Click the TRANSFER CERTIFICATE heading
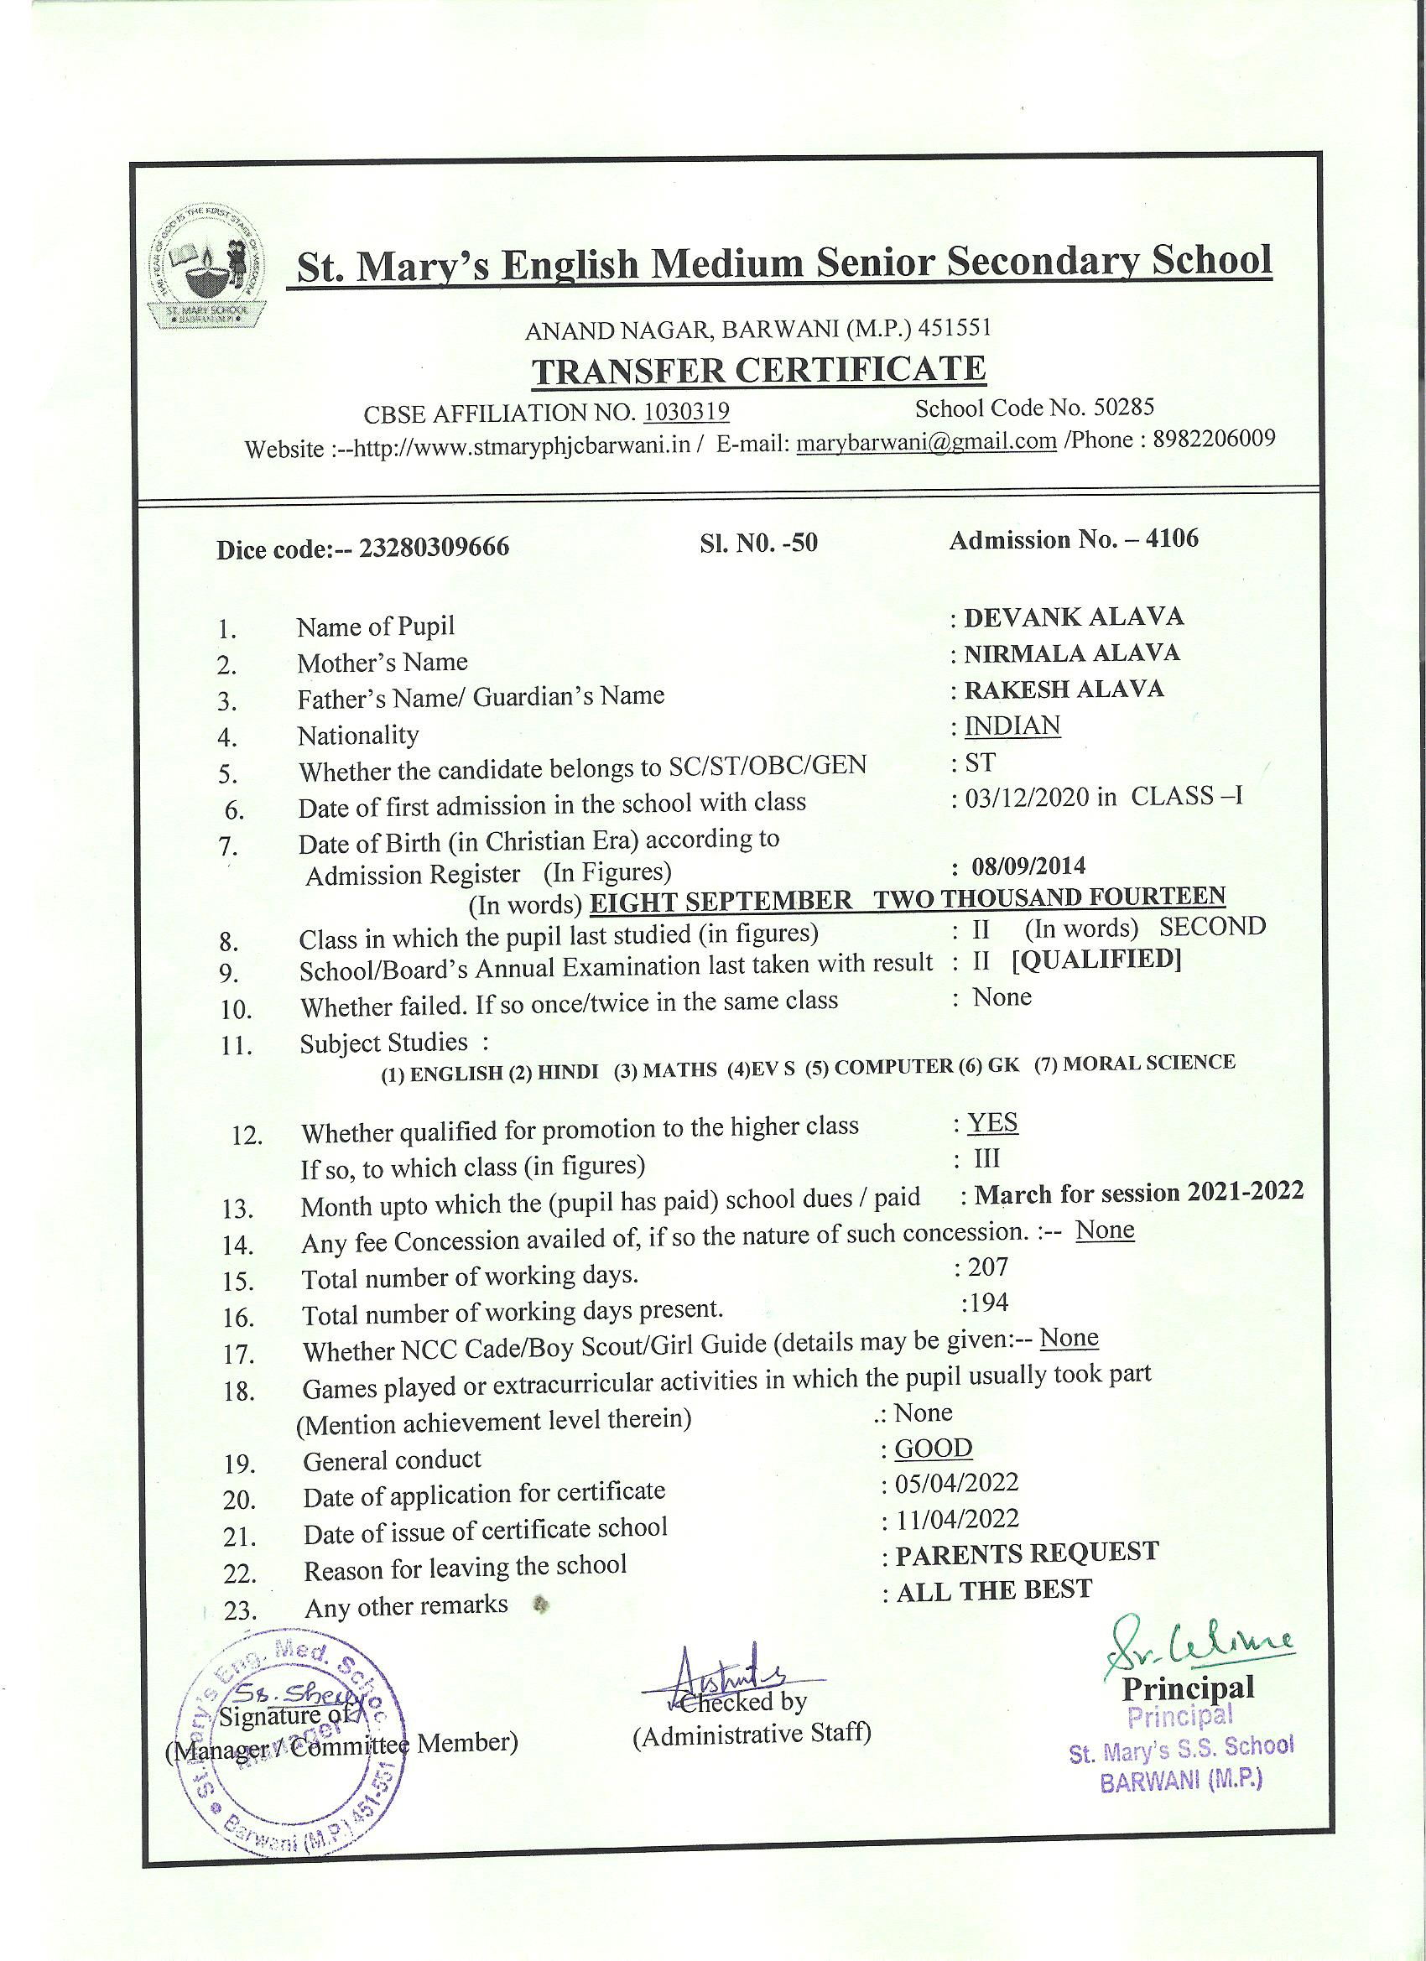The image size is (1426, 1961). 758,370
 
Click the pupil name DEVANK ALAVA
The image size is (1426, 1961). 1073,617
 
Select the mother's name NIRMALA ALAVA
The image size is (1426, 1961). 1071,653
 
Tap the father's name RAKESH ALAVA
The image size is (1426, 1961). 1064,689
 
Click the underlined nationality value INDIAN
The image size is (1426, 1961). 1012,726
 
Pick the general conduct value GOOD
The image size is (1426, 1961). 933,1449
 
